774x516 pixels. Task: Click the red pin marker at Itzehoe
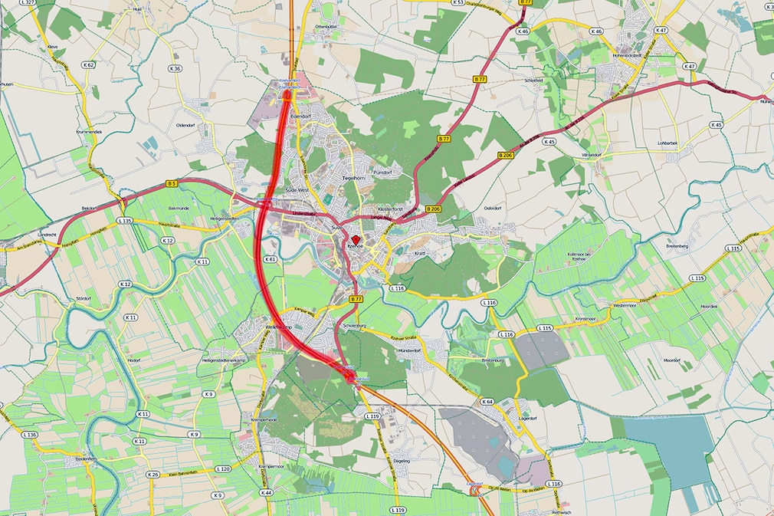click(x=355, y=241)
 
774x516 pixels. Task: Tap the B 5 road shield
click(x=172, y=183)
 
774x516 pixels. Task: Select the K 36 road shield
click(x=175, y=69)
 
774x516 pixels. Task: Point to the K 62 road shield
click(x=89, y=65)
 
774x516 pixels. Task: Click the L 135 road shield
click(x=126, y=221)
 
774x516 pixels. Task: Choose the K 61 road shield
click(x=270, y=260)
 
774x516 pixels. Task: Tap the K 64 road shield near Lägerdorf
click(x=487, y=402)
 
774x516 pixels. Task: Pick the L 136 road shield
click(x=30, y=435)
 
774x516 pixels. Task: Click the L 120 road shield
click(x=223, y=468)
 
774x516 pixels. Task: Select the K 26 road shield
click(x=153, y=475)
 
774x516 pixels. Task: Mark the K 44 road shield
click(x=266, y=492)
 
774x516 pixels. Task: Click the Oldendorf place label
click(x=187, y=124)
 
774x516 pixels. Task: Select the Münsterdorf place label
click(x=411, y=350)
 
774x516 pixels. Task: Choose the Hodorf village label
click(x=135, y=360)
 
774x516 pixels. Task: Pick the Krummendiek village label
click(x=90, y=132)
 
